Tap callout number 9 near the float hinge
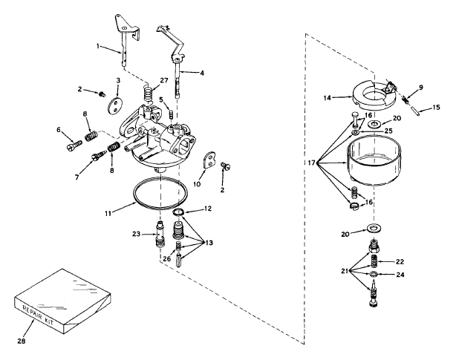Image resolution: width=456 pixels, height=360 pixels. pos(421,88)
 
